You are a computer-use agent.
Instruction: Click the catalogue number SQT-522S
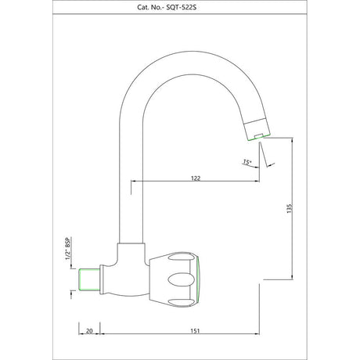coord(182,7)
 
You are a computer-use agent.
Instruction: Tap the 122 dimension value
coord(196,178)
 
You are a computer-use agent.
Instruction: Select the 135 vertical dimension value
coord(289,208)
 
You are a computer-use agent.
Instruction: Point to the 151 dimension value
coord(195,331)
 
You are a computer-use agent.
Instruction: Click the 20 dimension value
coord(89,331)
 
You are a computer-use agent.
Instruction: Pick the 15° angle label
coord(247,162)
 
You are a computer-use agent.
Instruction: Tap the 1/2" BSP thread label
coord(68,249)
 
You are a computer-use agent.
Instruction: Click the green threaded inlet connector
coord(89,279)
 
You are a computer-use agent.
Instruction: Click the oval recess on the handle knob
coord(182,279)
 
